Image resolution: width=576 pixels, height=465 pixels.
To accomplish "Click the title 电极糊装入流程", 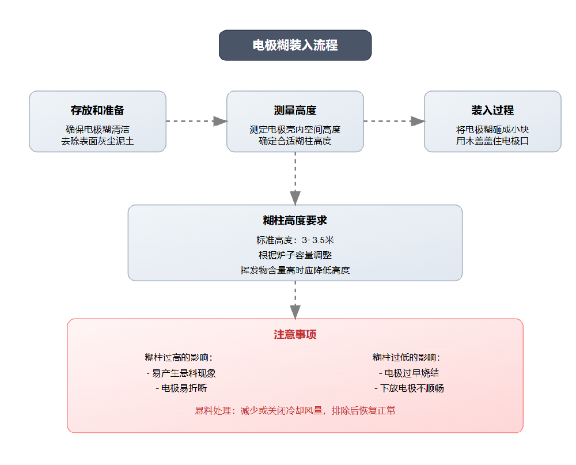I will (295, 45).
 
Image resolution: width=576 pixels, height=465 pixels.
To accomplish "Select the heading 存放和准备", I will (97, 110).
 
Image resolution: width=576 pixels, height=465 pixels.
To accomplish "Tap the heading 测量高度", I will (295, 110).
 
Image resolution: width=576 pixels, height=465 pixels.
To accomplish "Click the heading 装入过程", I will (492, 110).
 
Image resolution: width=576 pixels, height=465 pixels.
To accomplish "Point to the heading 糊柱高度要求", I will (295, 221).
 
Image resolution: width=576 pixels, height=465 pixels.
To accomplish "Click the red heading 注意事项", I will (295, 335).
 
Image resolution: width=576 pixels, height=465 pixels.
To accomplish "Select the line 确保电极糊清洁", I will (97, 130).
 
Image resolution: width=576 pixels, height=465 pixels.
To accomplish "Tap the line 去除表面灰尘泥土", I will (97, 141).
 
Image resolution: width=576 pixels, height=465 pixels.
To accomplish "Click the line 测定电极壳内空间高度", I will (295, 130).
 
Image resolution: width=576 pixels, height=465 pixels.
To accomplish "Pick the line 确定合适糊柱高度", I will (295, 141).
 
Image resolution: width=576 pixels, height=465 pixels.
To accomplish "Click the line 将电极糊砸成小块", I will (492, 130).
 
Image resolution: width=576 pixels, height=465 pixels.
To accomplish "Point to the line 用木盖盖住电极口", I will (492, 141).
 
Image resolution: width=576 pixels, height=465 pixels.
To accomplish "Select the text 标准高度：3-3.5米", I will (295, 240).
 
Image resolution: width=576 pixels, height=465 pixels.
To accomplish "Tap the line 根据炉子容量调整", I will (295, 255).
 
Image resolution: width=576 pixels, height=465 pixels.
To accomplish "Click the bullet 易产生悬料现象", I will (181, 373).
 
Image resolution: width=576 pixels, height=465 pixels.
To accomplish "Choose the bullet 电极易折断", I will (181, 388).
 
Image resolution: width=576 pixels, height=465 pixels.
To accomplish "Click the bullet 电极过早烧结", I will (409, 373).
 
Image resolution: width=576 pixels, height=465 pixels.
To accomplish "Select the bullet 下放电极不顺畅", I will (409, 388).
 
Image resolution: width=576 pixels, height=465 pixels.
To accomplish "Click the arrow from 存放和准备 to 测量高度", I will (196, 121).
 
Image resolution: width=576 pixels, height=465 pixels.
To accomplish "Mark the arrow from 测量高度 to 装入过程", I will (394, 121).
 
